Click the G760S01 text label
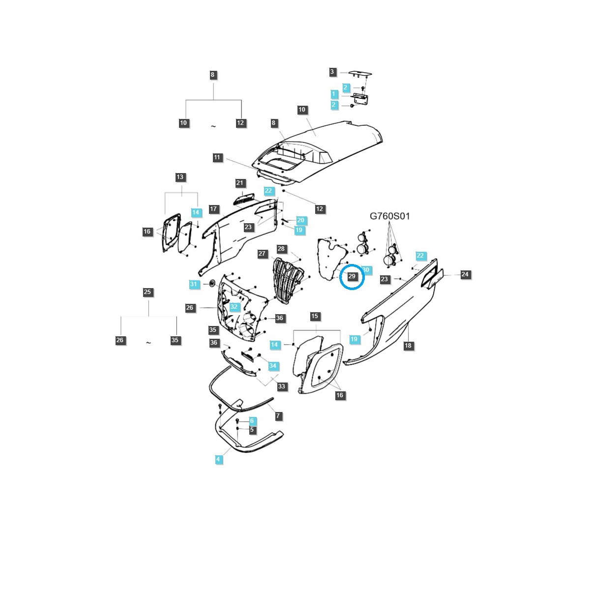pyautogui.click(x=389, y=216)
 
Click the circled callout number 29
pyautogui.click(x=352, y=276)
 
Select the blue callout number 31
pyautogui.click(x=194, y=284)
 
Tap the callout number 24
pyautogui.click(x=465, y=275)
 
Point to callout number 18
pyautogui.click(x=408, y=346)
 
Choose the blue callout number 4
pyautogui.click(x=218, y=459)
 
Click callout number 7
pyautogui.click(x=278, y=416)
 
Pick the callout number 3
pyautogui.click(x=332, y=72)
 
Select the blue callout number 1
pyautogui.click(x=334, y=94)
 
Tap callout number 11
pyautogui.click(x=217, y=158)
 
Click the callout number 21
pyautogui.click(x=239, y=183)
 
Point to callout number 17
pyautogui.click(x=213, y=209)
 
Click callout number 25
pyautogui.click(x=147, y=292)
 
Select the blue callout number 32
pyautogui.click(x=234, y=307)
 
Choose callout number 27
pyautogui.click(x=262, y=254)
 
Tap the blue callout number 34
pyautogui.click(x=273, y=366)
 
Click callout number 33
pyautogui.click(x=281, y=386)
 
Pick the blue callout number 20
pyautogui.click(x=301, y=220)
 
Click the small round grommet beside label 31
pyautogui.click(x=212, y=283)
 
